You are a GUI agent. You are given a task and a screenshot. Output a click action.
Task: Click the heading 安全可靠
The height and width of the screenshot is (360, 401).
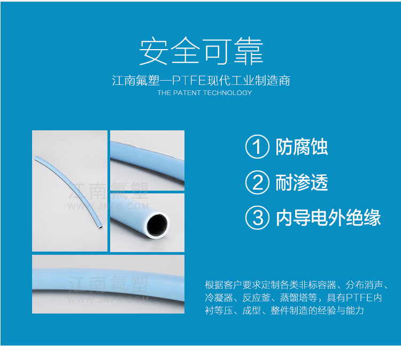(201, 51)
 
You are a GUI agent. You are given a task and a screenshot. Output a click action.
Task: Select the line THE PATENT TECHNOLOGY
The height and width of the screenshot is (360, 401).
(205, 93)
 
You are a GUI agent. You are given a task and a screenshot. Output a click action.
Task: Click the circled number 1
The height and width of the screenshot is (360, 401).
(257, 147)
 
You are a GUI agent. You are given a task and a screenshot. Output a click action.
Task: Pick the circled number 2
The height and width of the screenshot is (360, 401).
(257, 183)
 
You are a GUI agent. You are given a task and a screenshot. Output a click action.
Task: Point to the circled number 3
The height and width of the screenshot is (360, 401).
(257, 218)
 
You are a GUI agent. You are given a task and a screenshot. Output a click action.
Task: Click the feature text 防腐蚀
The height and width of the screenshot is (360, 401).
(302, 147)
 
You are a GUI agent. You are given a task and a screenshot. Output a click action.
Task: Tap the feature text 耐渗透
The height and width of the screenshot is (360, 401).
(302, 183)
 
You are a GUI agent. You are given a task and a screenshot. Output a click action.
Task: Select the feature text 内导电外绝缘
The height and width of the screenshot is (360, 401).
(328, 218)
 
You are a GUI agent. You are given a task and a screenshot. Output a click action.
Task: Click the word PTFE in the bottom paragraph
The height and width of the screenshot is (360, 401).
(359, 298)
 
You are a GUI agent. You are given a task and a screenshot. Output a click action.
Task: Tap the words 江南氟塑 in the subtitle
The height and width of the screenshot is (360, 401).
(136, 81)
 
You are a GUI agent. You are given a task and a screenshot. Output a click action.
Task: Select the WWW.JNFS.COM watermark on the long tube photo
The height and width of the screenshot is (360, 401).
(108, 207)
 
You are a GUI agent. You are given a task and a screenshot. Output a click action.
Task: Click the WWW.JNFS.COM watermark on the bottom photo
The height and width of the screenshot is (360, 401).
(108, 299)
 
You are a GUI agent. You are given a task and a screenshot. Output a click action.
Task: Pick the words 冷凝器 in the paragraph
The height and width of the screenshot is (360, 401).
(219, 298)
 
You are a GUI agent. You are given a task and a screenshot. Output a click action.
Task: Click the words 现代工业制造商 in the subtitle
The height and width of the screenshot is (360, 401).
(248, 81)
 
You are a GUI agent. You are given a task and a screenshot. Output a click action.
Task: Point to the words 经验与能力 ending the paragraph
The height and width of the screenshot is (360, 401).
(341, 310)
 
